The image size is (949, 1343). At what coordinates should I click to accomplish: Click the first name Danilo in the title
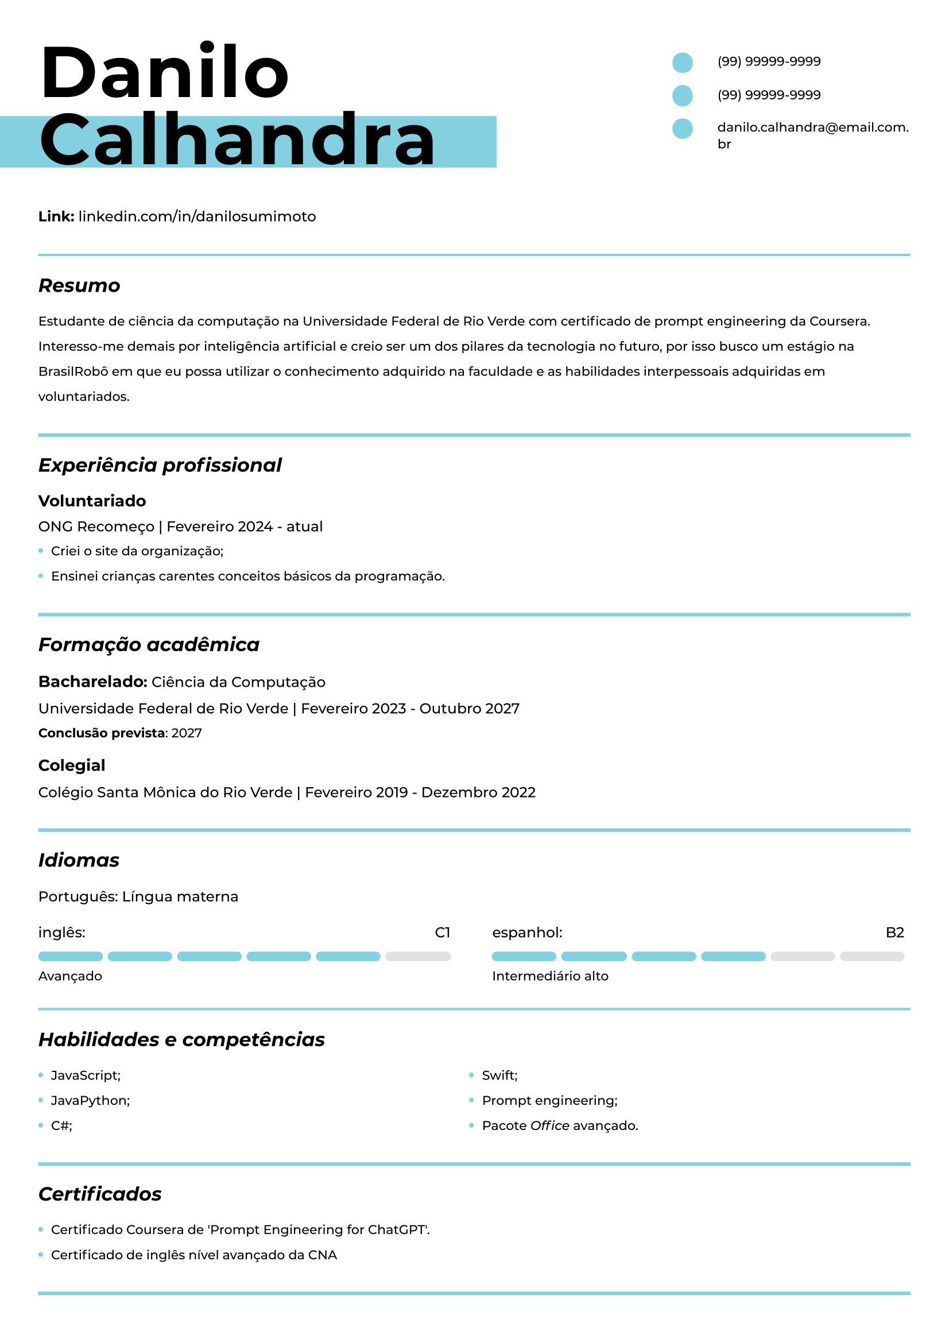click(165, 73)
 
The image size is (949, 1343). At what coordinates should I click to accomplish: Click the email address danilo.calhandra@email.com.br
click(812, 135)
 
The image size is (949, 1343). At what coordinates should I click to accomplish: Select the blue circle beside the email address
click(683, 129)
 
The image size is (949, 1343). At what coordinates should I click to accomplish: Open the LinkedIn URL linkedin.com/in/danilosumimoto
click(197, 216)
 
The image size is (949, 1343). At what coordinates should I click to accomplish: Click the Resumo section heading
click(80, 285)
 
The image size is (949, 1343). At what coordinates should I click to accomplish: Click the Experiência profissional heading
click(160, 465)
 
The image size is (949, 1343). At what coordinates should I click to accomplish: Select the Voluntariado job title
click(92, 501)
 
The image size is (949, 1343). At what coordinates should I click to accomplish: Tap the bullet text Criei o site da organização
click(137, 551)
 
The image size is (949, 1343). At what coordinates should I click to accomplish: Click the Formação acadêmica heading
click(149, 645)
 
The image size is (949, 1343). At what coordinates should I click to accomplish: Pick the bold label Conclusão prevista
click(102, 733)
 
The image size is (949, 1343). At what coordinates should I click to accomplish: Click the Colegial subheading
click(71, 765)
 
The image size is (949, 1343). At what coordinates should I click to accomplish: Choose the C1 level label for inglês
click(442, 932)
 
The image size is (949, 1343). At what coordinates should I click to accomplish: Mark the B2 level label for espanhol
click(894, 932)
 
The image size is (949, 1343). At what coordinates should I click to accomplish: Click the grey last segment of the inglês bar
click(417, 957)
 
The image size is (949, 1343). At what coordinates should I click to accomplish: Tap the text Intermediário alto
click(549, 976)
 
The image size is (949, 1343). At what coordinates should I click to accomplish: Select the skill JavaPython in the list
click(90, 1100)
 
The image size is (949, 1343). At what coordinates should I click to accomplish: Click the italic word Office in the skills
click(549, 1125)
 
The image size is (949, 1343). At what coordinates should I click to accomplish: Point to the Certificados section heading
click(100, 1194)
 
